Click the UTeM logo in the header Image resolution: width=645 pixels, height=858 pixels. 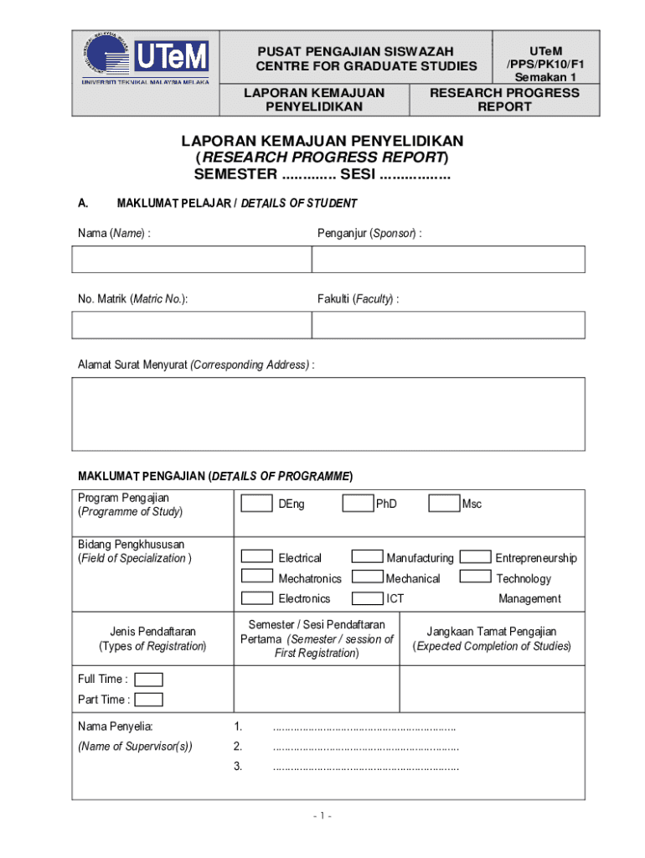click(x=145, y=59)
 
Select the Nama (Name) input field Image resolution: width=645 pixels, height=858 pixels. click(x=192, y=259)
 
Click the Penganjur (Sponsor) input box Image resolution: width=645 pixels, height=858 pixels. click(x=448, y=259)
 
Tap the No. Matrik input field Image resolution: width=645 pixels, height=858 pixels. click(x=192, y=325)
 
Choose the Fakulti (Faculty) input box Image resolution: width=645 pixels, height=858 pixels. click(x=448, y=325)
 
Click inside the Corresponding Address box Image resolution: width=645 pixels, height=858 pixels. click(x=328, y=414)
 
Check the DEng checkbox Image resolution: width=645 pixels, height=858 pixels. click(x=256, y=504)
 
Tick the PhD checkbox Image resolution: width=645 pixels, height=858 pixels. click(x=358, y=504)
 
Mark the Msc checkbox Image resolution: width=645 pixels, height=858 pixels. click(x=444, y=504)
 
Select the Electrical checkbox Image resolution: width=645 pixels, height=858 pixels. click(x=256, y=556)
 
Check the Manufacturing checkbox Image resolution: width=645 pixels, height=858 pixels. click(x=368, y=556)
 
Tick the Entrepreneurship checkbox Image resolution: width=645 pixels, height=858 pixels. click(x=476, y=556)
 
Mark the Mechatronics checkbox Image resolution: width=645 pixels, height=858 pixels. click(x=256, y=576)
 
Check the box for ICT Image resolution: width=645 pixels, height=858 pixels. click(x=368, y=597)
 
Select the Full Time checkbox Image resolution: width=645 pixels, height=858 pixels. click(x=148, y=680)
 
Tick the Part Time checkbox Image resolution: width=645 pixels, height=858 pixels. click(x=148, y=700)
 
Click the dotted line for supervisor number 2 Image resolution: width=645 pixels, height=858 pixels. click(x=365, y=747)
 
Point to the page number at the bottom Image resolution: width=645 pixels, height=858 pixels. click(x=322, y=816)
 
